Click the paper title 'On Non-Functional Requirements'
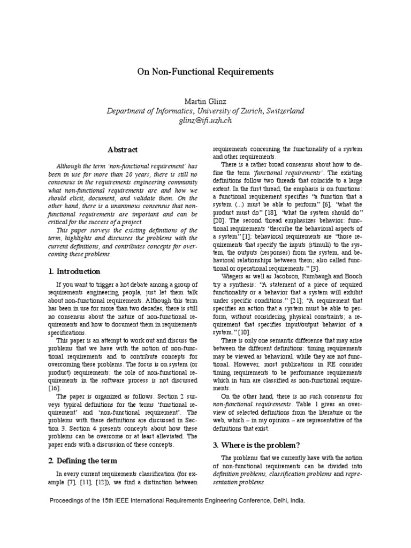click(x=205, y=71)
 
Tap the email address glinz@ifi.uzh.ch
click(x=205, y=121)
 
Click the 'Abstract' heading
click(x=123, y=150)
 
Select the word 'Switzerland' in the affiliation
click(x=281, y=111)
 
